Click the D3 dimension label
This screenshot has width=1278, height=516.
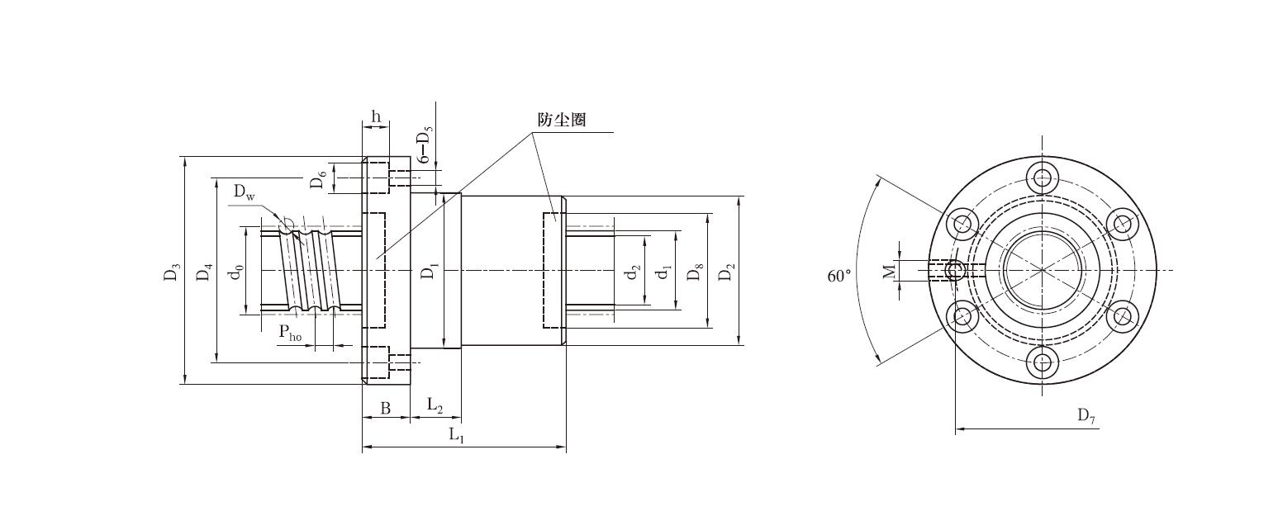click(172, 272)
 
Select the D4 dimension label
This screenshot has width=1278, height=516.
click(204, 272)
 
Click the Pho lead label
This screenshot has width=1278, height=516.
click(290, 333)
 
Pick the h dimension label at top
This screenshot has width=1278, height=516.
click(376, 116)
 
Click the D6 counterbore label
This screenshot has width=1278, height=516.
click(318, 178)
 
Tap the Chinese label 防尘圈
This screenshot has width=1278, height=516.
click(562, 120)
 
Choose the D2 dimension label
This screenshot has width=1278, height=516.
click(725, 272)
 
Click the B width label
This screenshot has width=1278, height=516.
click(385, 408)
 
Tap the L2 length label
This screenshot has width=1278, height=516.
click(435, 405)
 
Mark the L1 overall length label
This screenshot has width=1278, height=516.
click(457, 435)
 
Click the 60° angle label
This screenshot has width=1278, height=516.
click(839, 276)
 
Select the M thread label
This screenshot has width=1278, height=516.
click(889, 271)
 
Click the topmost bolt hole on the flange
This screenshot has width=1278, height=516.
click(1043, 177)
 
